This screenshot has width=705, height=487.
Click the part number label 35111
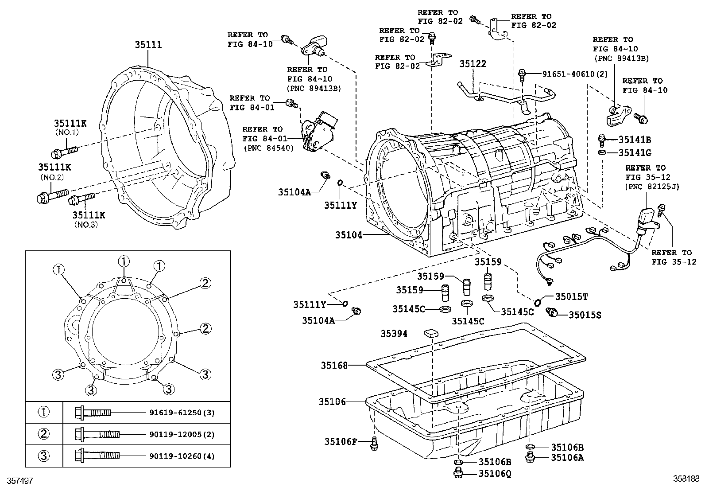(x=148, y=45)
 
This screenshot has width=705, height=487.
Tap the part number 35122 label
(x=473, y=64)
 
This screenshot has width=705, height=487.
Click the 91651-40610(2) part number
(x=574, y=74)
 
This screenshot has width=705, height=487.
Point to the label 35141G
(x=635, y=152)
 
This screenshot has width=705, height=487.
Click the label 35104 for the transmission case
(x=349, y=235)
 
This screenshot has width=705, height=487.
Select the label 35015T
(x=571, y=296)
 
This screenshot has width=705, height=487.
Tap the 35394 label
(x=394, y=333)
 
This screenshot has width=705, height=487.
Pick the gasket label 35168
(x=334, y=365)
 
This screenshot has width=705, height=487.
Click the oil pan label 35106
(x=332, y=401)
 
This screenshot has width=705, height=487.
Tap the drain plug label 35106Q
(x=495, y=474)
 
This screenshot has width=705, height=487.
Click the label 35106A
(x=567, y=458)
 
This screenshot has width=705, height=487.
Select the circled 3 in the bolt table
(x=44, y=456)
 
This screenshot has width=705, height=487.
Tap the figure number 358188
(x=686, y=479)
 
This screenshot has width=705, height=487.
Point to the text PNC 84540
(x=268, y=148)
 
